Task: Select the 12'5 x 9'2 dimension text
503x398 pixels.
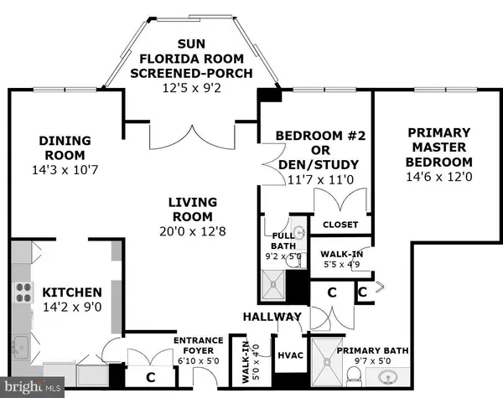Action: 192,84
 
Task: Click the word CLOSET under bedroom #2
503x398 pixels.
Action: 340,225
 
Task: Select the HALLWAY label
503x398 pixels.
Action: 272,317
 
